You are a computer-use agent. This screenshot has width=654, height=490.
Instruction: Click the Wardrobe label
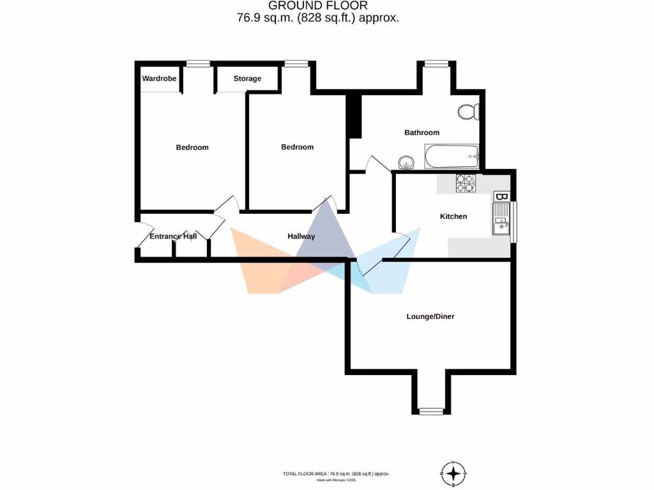pos(160,78)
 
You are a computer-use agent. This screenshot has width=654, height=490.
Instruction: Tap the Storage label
pos(247,78)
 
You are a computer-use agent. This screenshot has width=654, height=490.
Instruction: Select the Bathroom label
pos(422,133)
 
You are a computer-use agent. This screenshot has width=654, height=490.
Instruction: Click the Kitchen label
pos(453,216)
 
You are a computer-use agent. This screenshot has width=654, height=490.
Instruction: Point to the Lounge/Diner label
pos(430,316)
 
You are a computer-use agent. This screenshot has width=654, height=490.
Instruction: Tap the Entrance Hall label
pos(172,236)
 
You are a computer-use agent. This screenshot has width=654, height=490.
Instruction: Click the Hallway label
pos(301,236)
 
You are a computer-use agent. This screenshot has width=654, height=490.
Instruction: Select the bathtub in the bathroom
pos(451,156)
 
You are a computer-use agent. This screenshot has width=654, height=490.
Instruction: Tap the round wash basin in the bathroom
pos(405,161)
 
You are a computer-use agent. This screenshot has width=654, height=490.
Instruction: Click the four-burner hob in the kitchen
pos(465,184)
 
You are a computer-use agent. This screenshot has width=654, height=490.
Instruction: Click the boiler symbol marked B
pos(502,196)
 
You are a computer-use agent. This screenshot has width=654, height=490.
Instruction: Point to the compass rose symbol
pos(453,473)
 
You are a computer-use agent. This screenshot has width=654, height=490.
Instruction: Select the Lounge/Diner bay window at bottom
pos(431,410)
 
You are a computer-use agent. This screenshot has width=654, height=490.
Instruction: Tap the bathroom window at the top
pos(436,63)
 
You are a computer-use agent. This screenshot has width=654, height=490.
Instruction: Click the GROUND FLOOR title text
pos(317,6)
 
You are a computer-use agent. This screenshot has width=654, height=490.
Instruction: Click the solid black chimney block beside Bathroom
pos(354,116)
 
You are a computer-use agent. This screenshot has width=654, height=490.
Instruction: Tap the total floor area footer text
pos(336,473)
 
